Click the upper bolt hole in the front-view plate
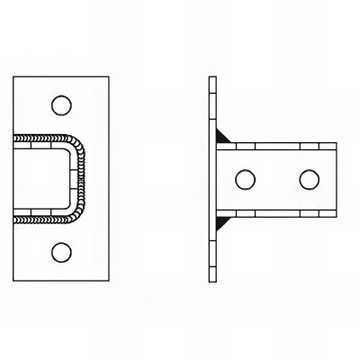pos(60,105)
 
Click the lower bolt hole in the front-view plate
pos(60,251)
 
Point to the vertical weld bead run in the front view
pos(84,178)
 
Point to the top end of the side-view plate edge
pos(213,78)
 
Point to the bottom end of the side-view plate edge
pos(213,279)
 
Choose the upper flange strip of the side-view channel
pos(279,143)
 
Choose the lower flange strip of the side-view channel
pos(279,213)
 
